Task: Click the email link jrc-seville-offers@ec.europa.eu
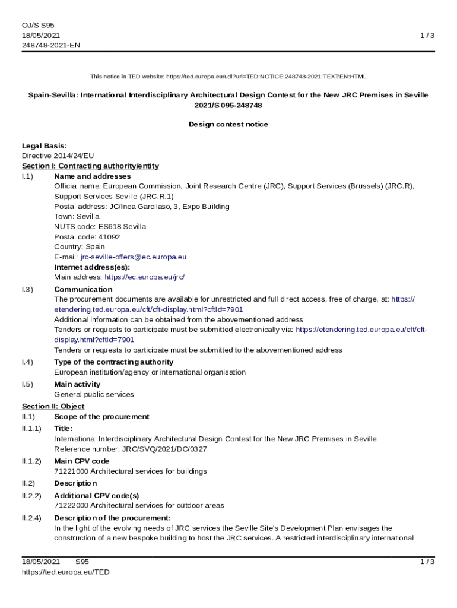click(x=134, y=257)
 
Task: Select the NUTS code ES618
click(x=110, y=227)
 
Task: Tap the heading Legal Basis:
click(x=44, y=146)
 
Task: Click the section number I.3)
click(x=27, y=290)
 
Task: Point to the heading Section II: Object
click(x=53, y=407)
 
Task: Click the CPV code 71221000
click(x=71, y=471)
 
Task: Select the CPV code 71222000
click(x=71, y=506)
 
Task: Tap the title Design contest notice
click(x=228, y=125)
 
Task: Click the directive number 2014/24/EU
click(x=74, y=156)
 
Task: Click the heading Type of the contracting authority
click(x=113, y=362)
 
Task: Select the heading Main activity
click(x=77, y=384)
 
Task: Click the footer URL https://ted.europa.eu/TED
click(x=66, y=572)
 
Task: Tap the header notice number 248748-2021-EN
click(x=50, y=45)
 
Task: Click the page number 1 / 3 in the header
click(x=427, y=36)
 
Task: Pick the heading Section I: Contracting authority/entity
click(x=90, y=166)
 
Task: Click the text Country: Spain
click(x=80, y=247)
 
